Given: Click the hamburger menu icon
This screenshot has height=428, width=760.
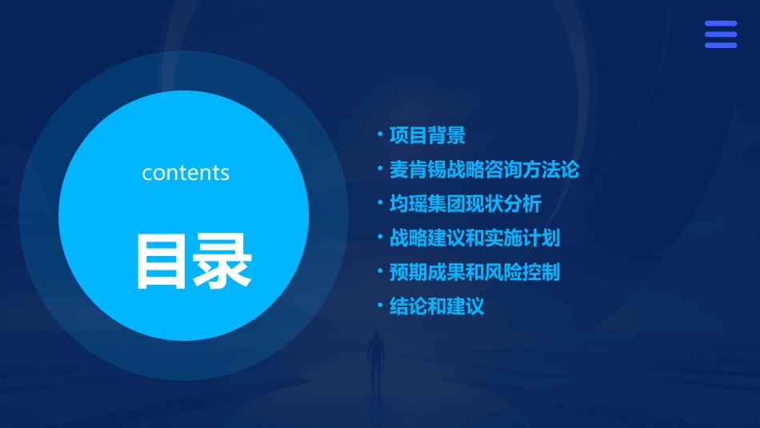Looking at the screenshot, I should [720, 34].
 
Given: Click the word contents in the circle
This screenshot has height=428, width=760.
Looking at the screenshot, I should [186, 173].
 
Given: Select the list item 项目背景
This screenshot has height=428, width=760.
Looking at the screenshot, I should [427, 135].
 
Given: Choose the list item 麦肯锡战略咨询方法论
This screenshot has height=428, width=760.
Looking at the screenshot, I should [483, 170].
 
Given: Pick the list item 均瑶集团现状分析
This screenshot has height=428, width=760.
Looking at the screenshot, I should [465, 203].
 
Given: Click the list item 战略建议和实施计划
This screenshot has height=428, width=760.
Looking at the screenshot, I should [474, 238].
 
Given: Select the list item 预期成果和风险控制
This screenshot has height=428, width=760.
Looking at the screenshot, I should [474, 272].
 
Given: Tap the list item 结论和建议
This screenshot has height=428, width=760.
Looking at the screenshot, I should [436, 306].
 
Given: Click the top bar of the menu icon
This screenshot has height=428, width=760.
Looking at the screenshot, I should [720, 24].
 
